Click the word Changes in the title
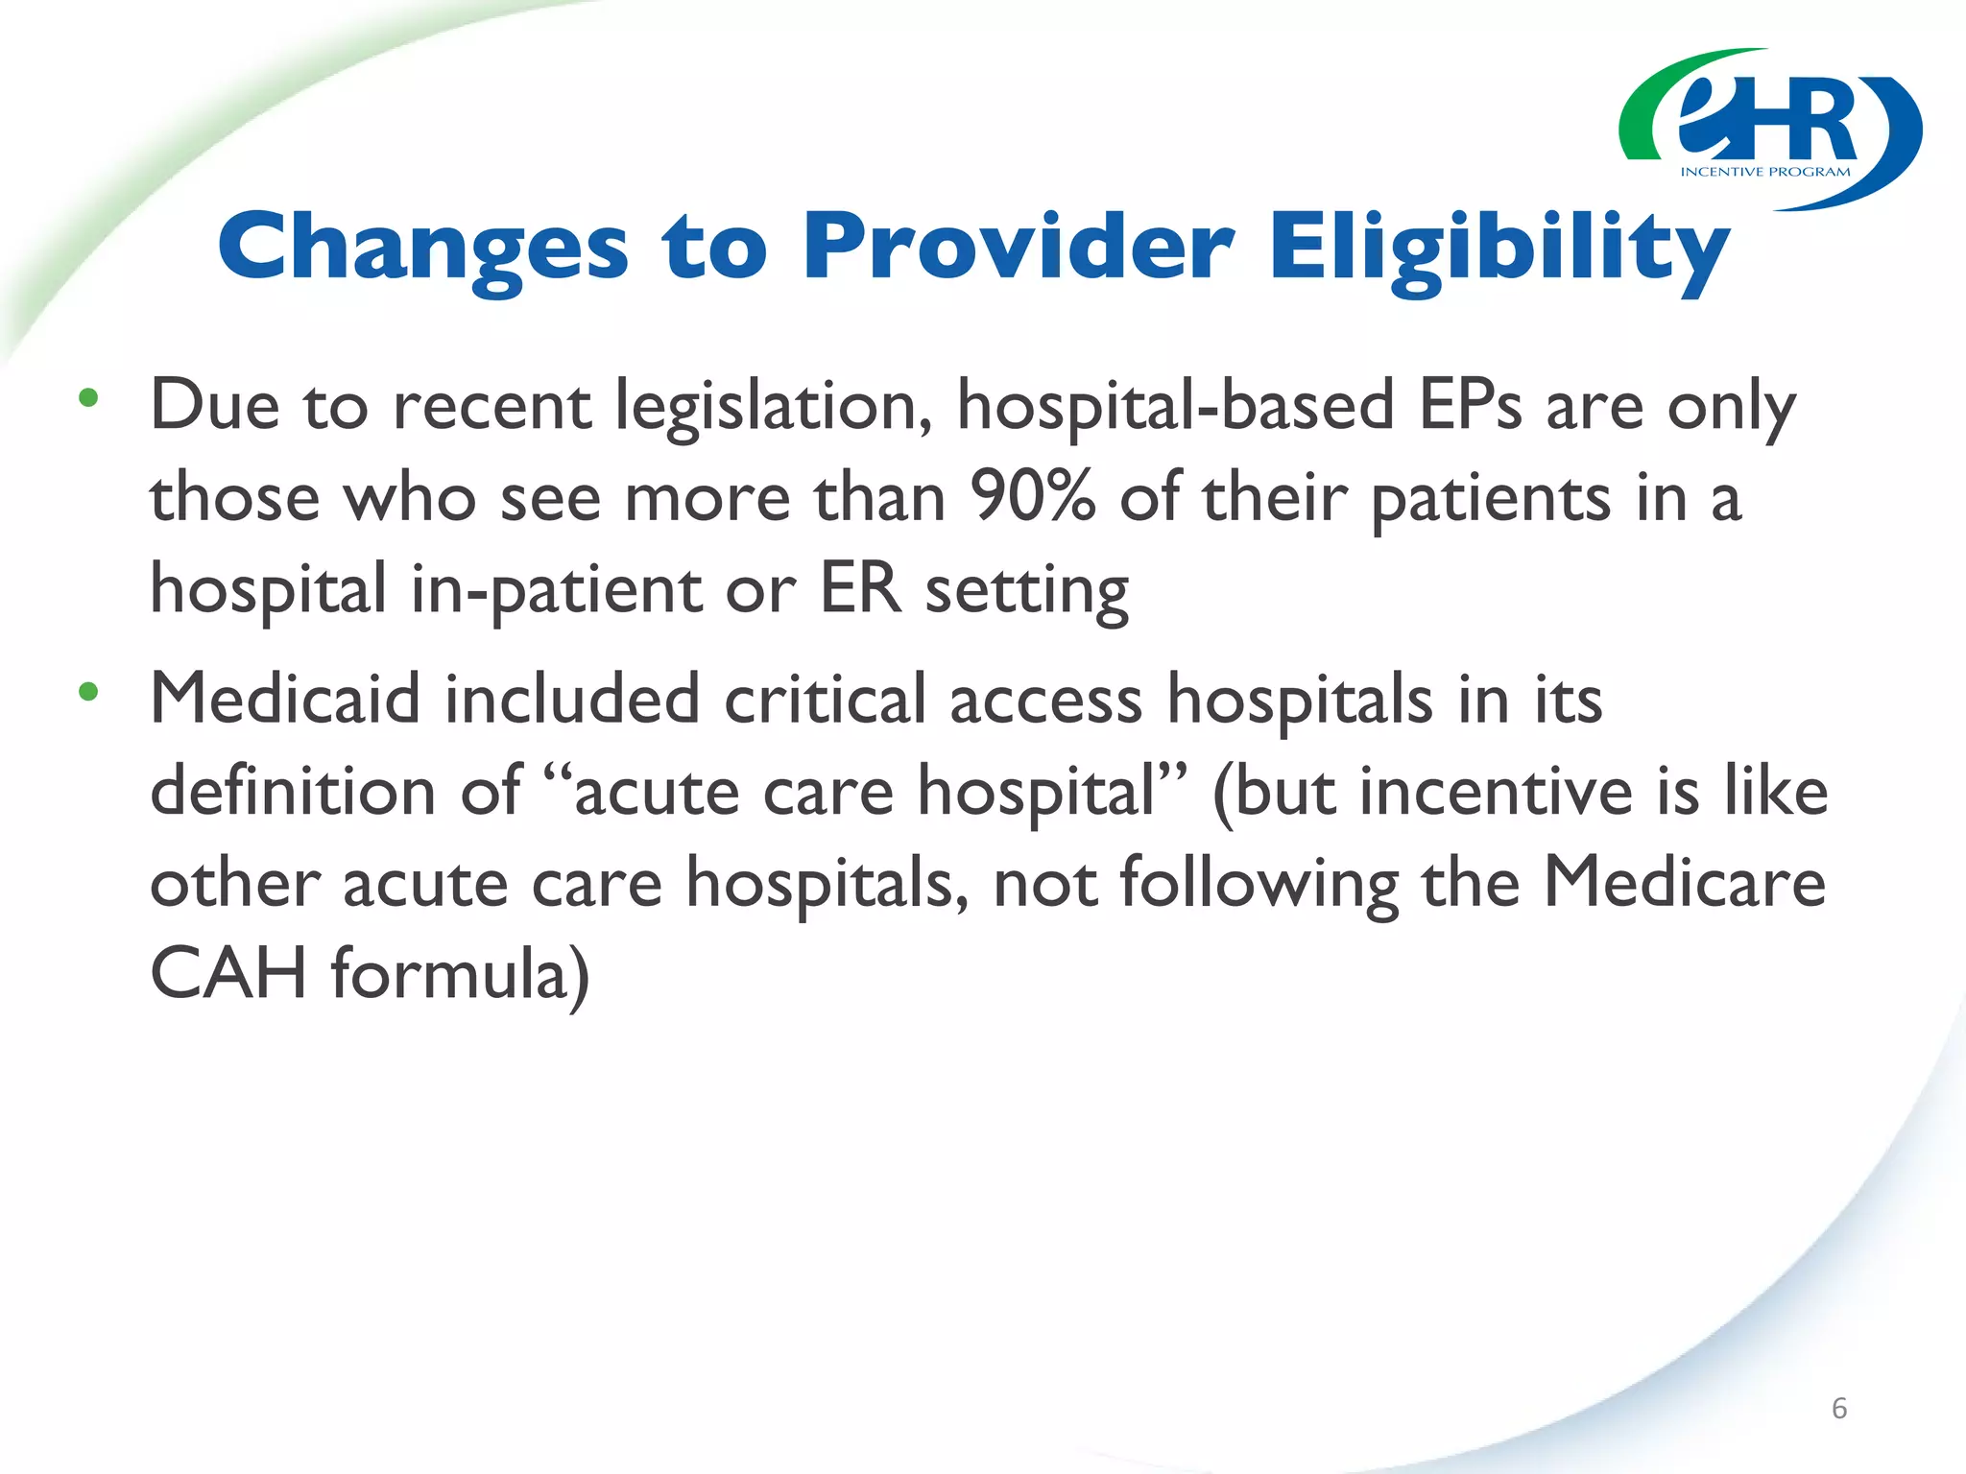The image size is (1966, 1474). coord(423,247)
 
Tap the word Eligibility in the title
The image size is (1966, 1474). coord(1498,247)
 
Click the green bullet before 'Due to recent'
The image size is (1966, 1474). coord(88,398)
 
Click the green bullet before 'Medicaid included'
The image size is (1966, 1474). coord(88,691)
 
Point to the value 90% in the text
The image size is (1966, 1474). coord(1031,498)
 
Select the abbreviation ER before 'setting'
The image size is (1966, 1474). coord(860,588)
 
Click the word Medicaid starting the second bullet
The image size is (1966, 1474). coord(285,699)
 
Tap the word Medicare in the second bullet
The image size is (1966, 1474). coord(1684,882)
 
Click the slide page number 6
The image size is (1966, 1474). coord(1839,1408)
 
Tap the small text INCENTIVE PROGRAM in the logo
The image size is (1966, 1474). coord(1764,173)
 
